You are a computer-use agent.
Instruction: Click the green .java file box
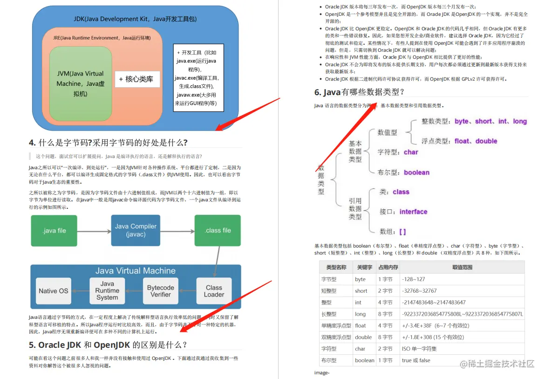54,230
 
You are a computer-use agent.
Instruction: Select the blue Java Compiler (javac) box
136,230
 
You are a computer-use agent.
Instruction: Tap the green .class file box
218,230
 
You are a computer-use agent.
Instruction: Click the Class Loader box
214,291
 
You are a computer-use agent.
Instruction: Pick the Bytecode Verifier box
161,291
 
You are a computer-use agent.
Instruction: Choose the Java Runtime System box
107,291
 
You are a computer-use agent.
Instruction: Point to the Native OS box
54,291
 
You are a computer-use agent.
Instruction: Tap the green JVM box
81,83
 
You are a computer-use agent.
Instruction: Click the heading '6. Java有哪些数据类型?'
359,92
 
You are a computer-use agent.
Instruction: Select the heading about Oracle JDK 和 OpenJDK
108,345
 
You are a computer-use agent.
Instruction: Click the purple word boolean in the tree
416,172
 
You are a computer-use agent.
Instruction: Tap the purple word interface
413,212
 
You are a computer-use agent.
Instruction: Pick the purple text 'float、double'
476,141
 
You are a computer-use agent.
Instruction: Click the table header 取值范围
462,267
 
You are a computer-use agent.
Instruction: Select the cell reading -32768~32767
419,290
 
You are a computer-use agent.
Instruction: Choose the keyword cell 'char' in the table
360,349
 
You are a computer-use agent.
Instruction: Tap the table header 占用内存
388,267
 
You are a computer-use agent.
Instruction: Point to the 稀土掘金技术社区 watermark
497,364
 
